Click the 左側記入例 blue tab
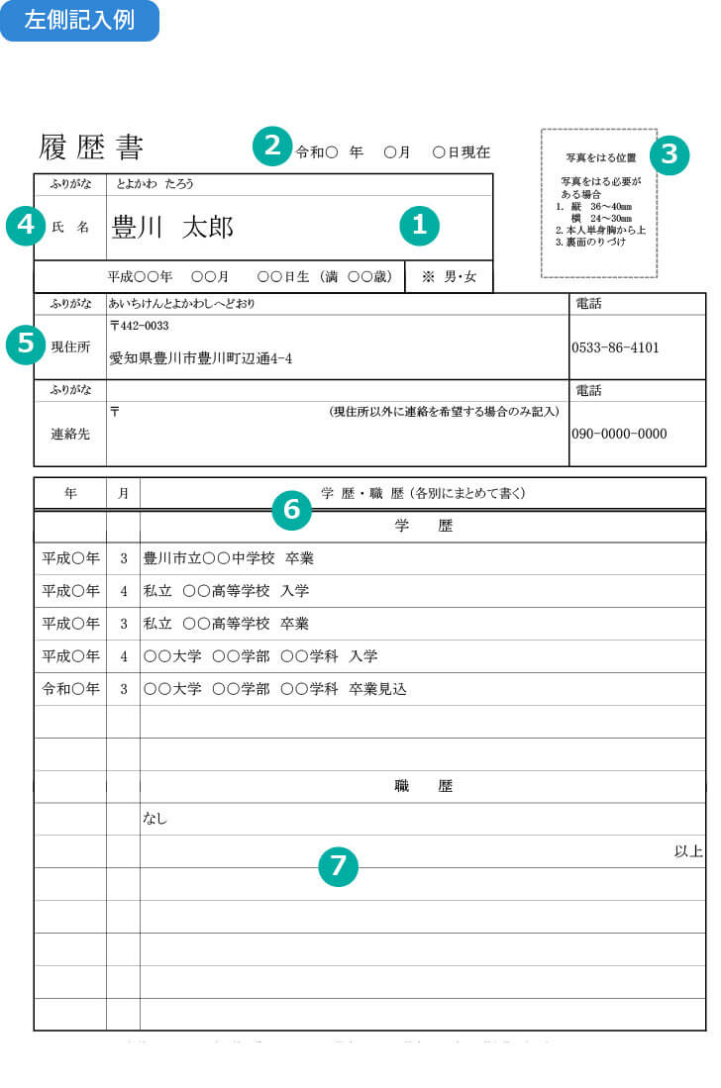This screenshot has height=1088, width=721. [79, 20]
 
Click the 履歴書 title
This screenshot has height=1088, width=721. [91, 148]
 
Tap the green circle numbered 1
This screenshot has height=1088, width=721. [419, 226]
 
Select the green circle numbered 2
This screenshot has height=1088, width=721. [272, 147]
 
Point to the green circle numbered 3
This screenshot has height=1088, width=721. [669, 154]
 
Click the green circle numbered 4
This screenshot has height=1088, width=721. [26, 226]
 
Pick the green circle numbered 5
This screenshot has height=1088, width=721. [26, 345]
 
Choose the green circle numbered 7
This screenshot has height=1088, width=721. [338, 866]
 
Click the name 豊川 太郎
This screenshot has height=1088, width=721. [172, 228]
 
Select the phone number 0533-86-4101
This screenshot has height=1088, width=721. [615, 348]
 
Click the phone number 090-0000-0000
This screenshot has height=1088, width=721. [619, 434]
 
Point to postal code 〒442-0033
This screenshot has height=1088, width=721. [139, 326]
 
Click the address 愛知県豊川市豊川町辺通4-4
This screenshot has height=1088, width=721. [201, 358]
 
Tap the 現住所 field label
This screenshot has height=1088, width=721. [70, 347]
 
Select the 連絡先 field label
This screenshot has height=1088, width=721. [70, 433]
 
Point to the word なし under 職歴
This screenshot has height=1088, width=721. [155, 819]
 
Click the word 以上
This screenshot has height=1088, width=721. [688, 851]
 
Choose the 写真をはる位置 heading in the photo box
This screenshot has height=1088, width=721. [600, 157]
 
